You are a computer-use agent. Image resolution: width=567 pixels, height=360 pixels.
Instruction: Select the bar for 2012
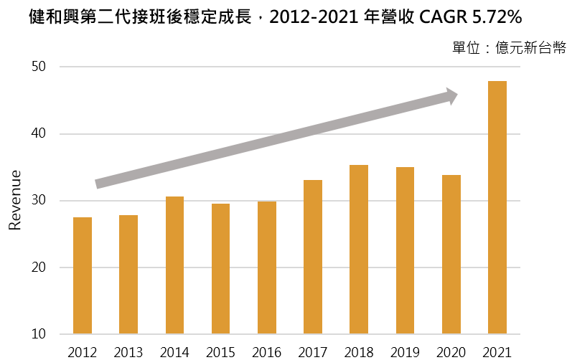(83, 276)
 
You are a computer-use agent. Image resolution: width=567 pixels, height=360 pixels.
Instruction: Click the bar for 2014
(174, 265)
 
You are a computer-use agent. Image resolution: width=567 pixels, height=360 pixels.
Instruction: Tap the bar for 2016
(267, 268)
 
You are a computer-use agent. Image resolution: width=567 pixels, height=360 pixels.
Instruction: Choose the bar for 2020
(451, 255)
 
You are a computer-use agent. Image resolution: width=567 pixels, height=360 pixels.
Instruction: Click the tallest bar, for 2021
(497, 208)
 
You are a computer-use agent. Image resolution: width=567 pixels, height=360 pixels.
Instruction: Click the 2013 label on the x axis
(128, 352)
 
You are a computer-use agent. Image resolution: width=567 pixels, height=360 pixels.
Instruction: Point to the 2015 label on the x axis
(221, 352)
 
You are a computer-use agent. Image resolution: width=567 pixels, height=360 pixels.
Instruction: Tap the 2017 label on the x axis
(313, 352)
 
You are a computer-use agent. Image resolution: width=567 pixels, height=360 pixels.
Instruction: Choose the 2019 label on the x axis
(405, 352)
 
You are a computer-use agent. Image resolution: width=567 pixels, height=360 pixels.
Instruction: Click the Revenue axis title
(14, 201)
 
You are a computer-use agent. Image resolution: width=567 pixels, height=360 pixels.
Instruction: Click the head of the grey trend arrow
(451, 97)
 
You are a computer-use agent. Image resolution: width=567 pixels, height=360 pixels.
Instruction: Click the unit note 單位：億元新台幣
(508, 47)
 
